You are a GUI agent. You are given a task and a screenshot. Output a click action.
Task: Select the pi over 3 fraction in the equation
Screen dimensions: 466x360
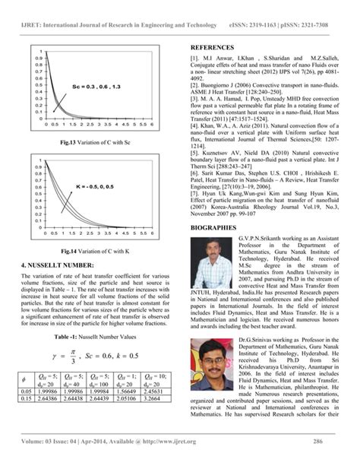[72, 355]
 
